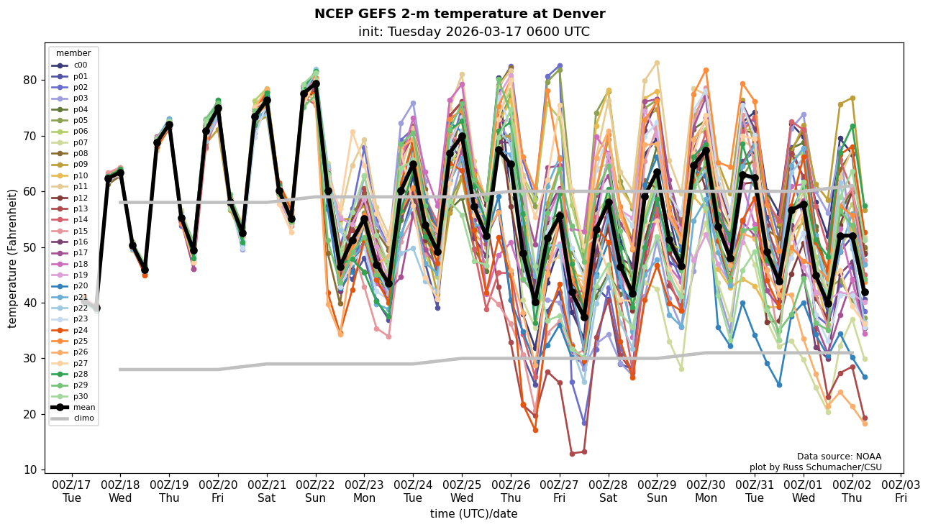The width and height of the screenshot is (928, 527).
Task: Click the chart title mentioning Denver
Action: [x=460, y=14]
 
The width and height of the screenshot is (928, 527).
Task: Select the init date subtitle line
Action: [x=473, y=32]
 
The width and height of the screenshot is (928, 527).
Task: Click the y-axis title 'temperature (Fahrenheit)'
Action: [x=12, y=258]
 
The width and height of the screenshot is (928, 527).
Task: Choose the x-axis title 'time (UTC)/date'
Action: [x=473, y=514]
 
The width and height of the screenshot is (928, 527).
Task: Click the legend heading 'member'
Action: [x=73, y=53]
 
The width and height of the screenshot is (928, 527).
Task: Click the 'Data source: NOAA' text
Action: [x=839, y=457]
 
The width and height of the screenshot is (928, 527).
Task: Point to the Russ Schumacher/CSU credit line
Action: [x=815, y=467]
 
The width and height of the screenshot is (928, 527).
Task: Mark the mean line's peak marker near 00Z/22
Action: [x=316, y=84]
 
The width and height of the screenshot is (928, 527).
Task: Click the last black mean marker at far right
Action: [x=865, y=293]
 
